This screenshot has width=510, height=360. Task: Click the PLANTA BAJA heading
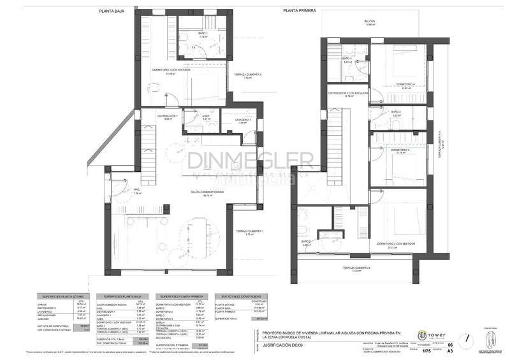112,10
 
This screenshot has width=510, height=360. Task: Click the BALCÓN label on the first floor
369,21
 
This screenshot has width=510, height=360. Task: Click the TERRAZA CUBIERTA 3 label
357,268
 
